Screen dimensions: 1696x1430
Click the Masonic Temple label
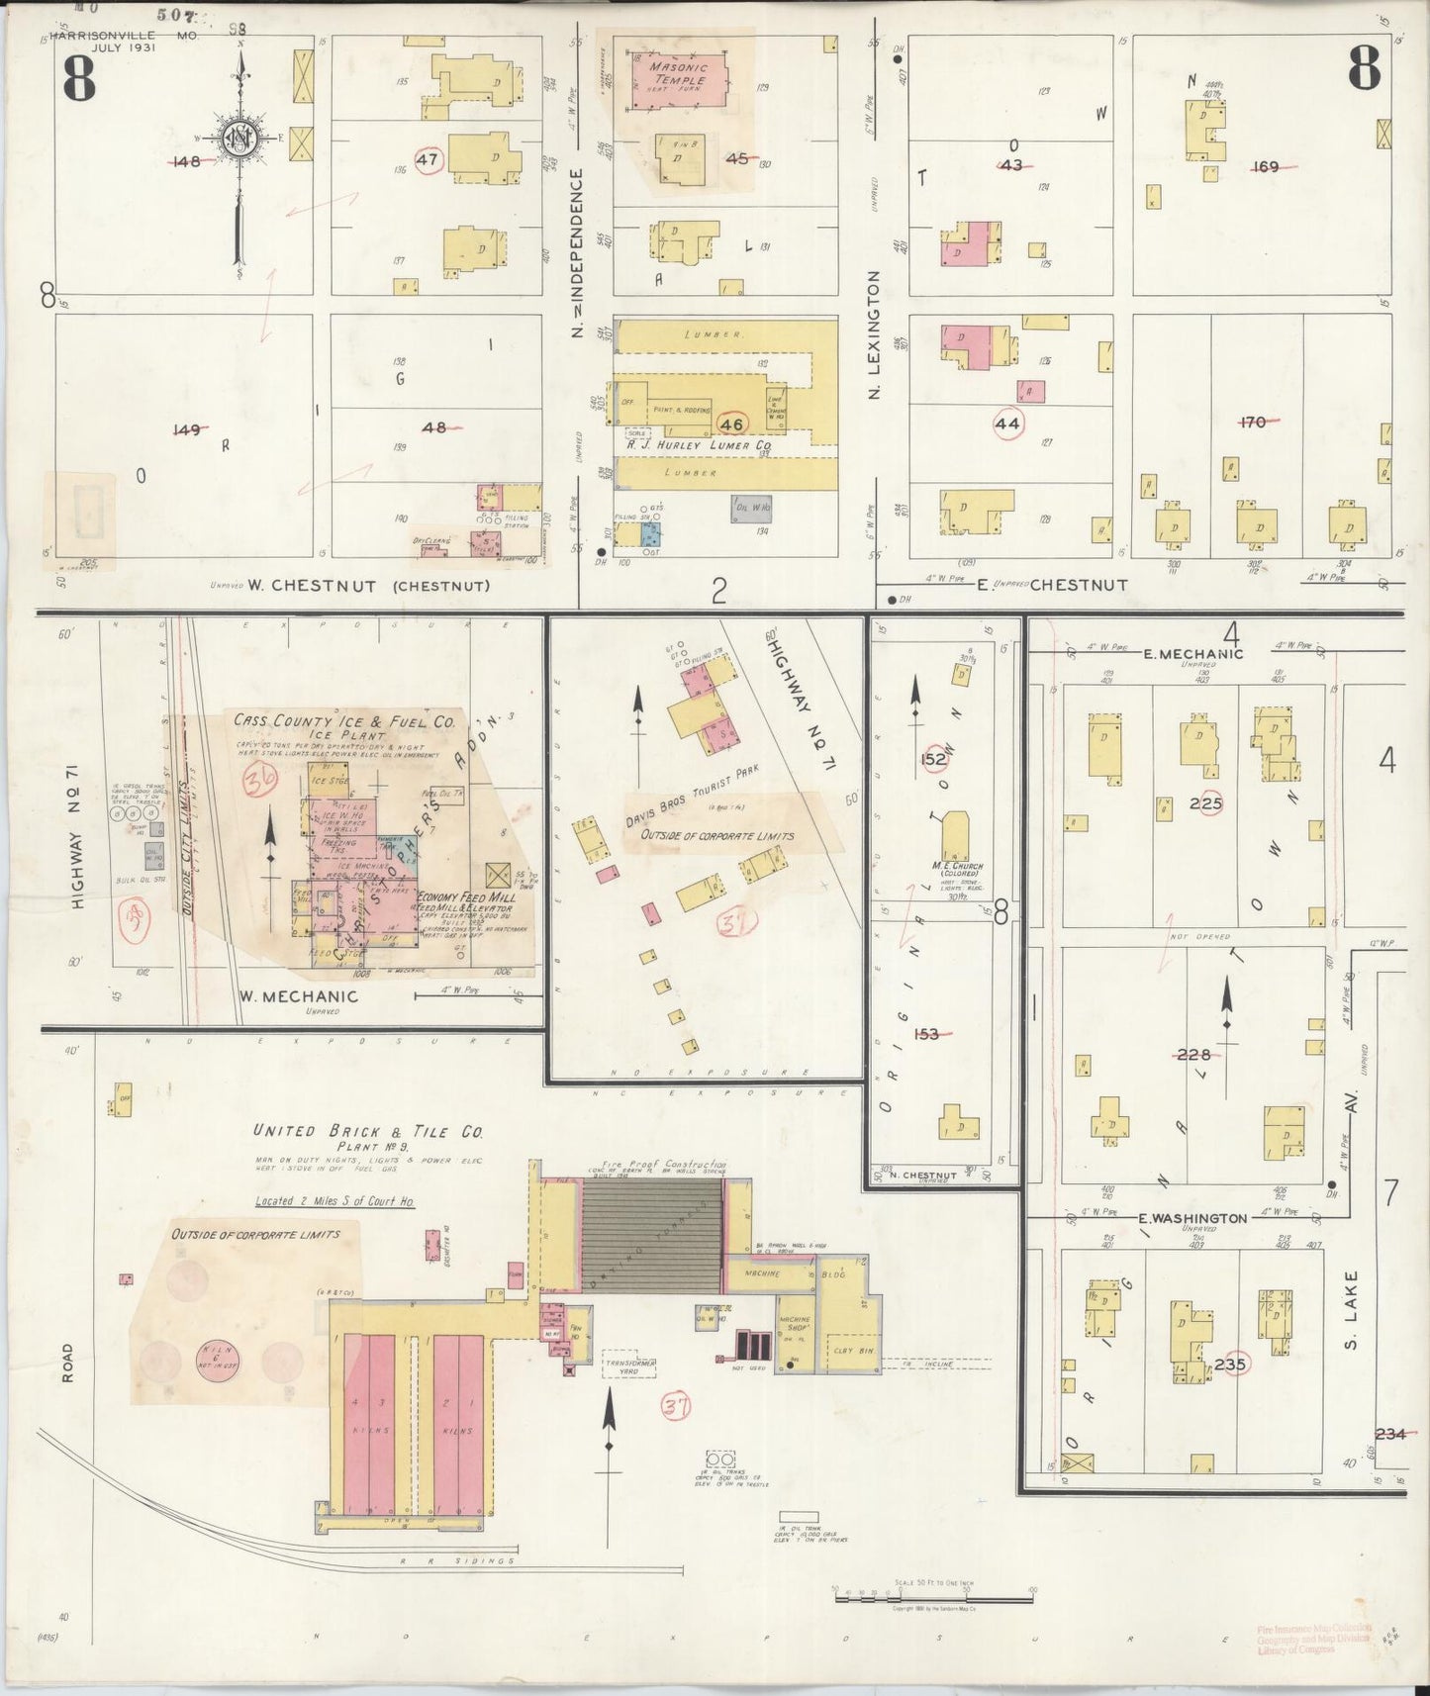(678, 72)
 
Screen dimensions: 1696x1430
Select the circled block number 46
(731, 424)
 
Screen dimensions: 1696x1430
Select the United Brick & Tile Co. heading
(367, 1131)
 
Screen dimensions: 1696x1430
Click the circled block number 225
(1205, 803)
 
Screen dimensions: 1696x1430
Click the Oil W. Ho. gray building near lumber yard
(752, 509)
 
